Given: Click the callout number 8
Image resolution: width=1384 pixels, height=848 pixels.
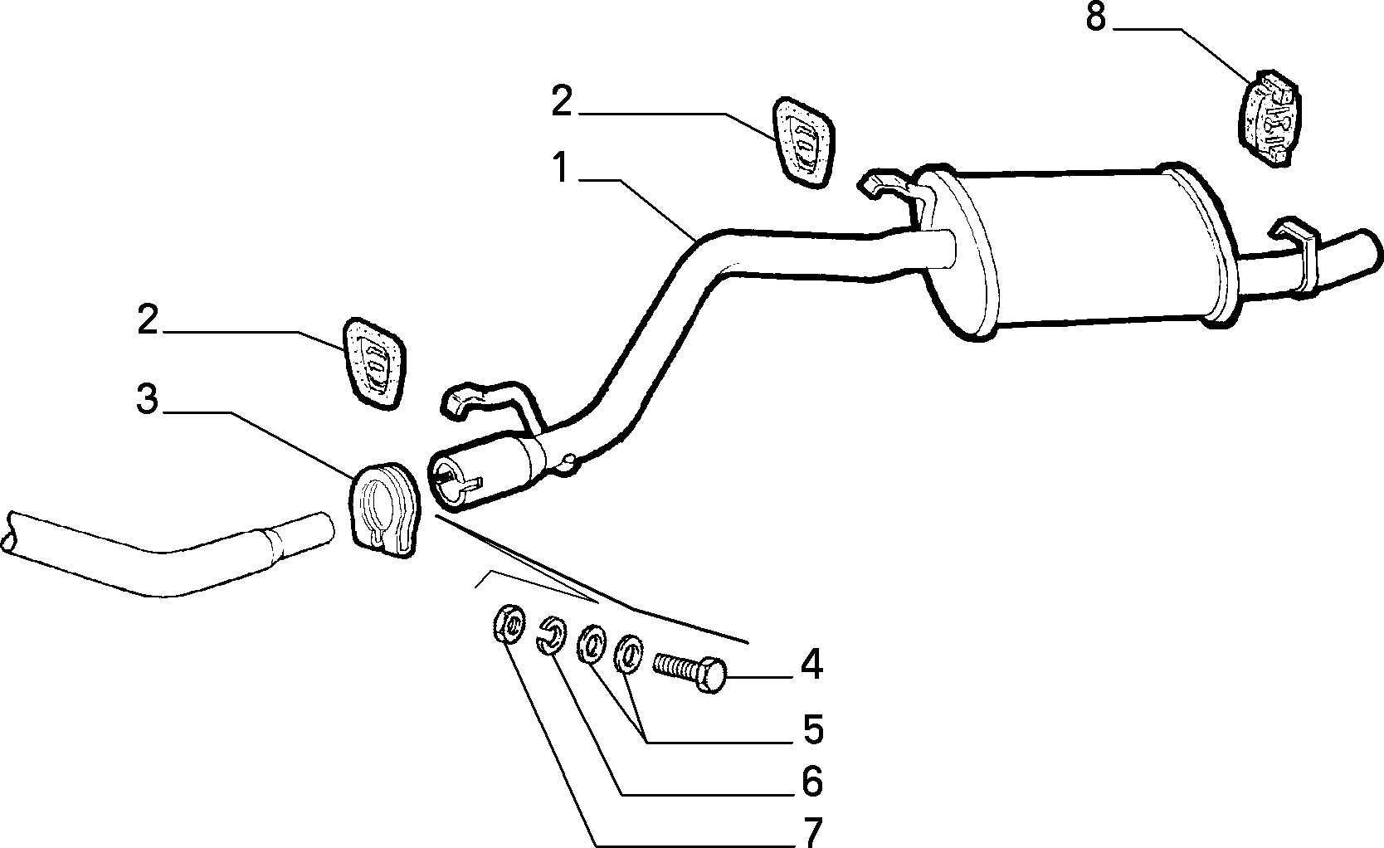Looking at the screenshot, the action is (1095, 17).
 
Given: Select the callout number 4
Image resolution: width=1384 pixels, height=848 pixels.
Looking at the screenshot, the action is (811, 665).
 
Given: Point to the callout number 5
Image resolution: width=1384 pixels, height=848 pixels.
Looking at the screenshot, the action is (813, 729).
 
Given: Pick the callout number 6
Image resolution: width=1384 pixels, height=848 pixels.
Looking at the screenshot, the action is (812, 781).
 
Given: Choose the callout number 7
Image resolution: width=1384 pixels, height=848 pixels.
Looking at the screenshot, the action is (812, 832).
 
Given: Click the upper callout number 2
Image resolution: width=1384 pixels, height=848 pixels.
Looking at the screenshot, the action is (563, 100).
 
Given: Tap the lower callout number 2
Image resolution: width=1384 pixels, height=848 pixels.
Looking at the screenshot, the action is (148, 319).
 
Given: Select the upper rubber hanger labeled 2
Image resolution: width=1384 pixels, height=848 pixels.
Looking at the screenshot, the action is (802, 142).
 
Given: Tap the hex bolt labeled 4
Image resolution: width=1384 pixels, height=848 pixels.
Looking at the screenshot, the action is (690, 673).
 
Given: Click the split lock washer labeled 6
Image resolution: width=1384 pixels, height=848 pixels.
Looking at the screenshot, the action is (550, 634).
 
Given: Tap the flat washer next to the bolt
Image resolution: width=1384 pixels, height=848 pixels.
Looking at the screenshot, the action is (628, 653).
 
